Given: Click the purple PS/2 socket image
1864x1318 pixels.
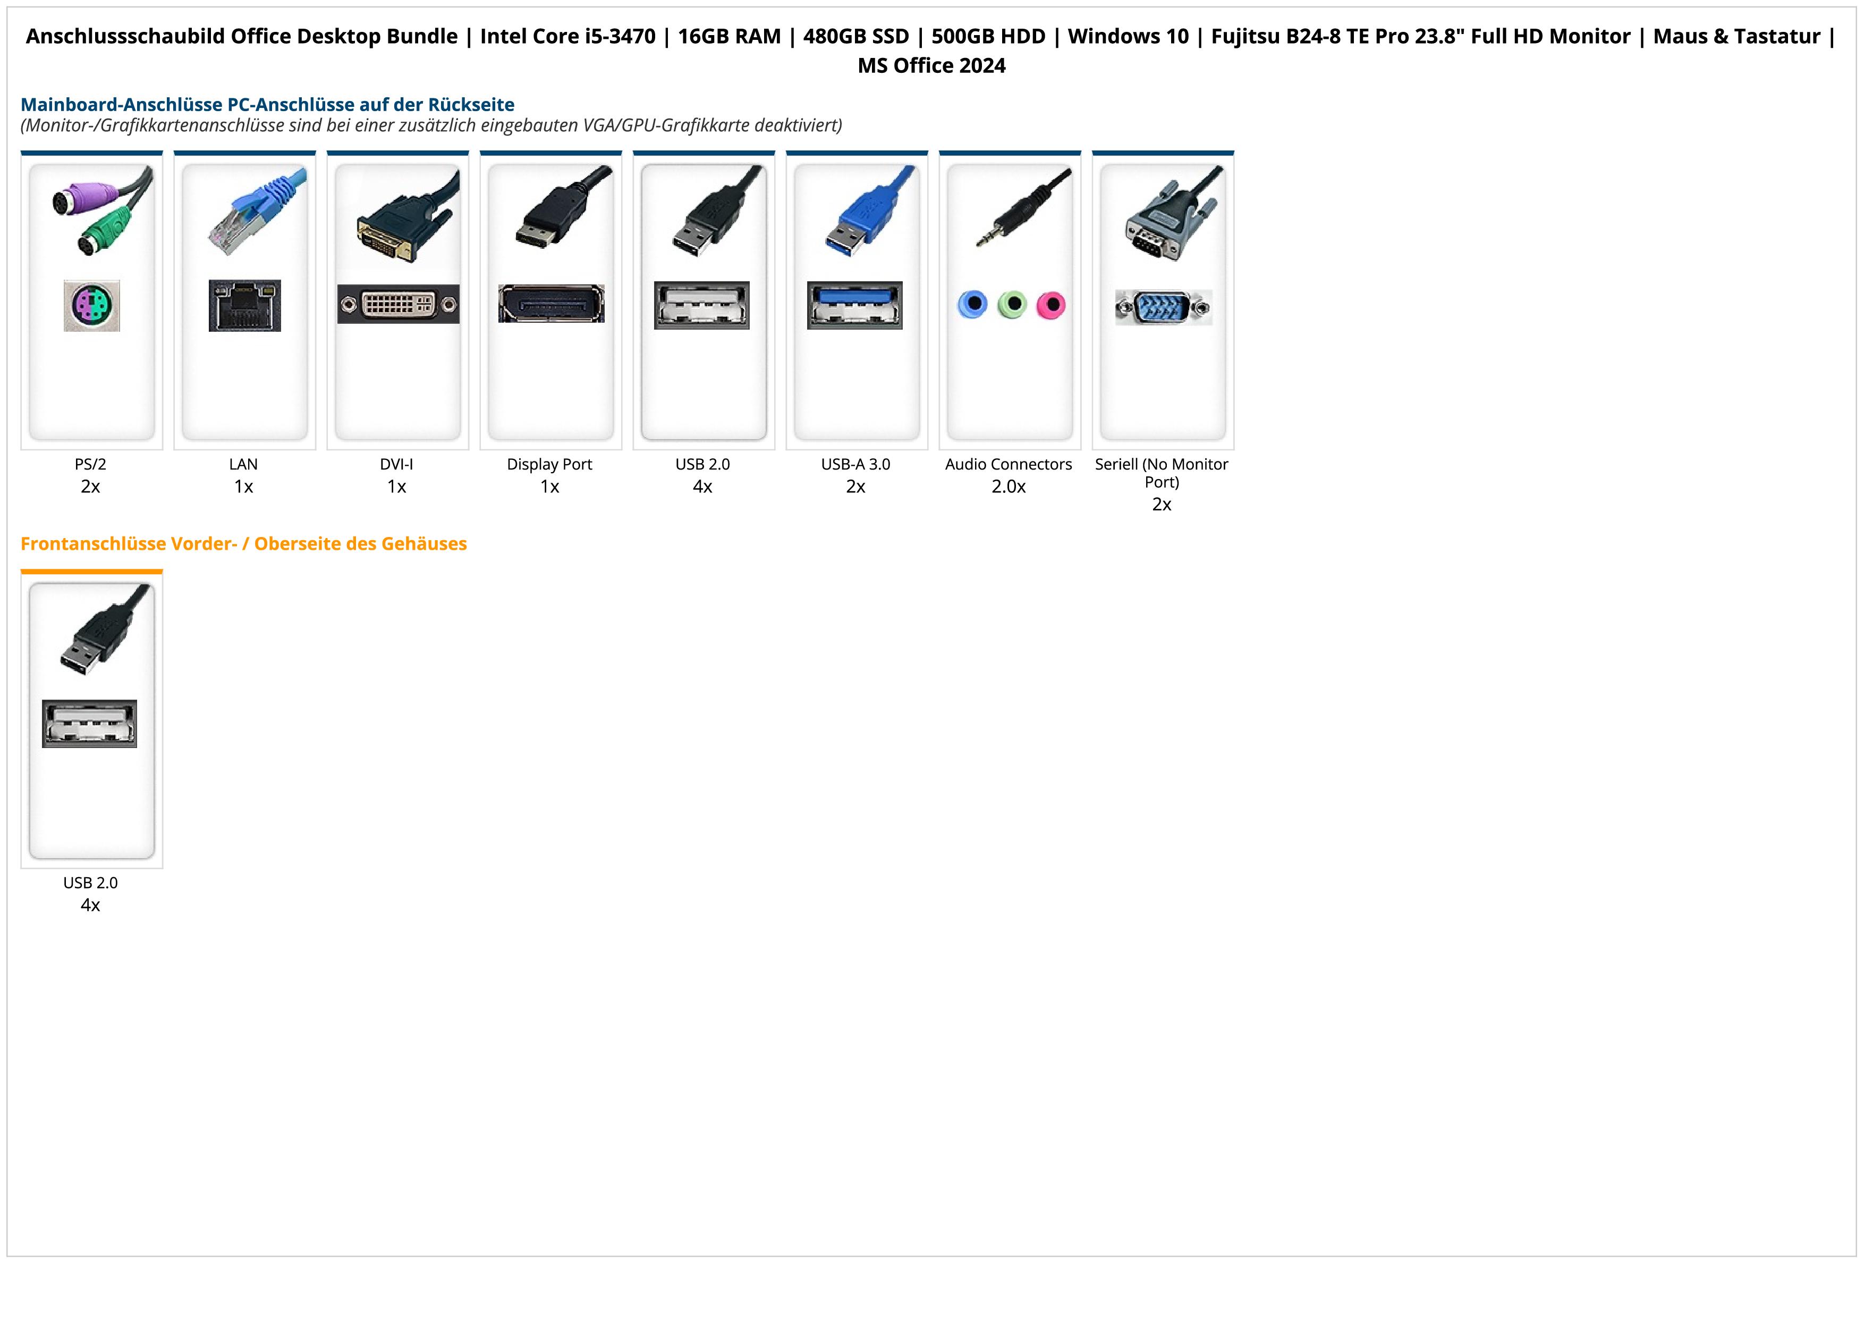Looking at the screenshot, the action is point(92,305).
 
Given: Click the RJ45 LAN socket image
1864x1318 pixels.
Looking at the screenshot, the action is point(244,305).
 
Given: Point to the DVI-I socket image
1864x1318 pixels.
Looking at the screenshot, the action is point(398,304).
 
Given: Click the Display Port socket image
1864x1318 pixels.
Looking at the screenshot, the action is point(551,304).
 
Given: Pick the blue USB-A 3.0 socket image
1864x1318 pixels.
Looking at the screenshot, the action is point(855,305).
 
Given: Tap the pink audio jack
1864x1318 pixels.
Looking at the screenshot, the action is point(1050,305).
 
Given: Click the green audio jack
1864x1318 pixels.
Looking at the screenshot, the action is point(1012,305).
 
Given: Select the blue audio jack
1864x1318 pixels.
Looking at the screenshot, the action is point(972,305).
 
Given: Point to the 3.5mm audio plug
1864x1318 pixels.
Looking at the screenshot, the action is point(1019,212).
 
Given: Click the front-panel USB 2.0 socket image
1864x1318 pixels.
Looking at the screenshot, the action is point(89,724).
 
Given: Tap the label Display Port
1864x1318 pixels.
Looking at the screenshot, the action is point(549,465).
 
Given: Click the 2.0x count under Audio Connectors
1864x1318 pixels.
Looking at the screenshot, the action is point(1009,486).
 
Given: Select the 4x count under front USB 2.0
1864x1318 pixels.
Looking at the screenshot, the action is point(90,905).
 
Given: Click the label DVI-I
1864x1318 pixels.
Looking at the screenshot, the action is point(396,465).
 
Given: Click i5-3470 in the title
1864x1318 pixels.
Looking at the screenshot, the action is point(620,37).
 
